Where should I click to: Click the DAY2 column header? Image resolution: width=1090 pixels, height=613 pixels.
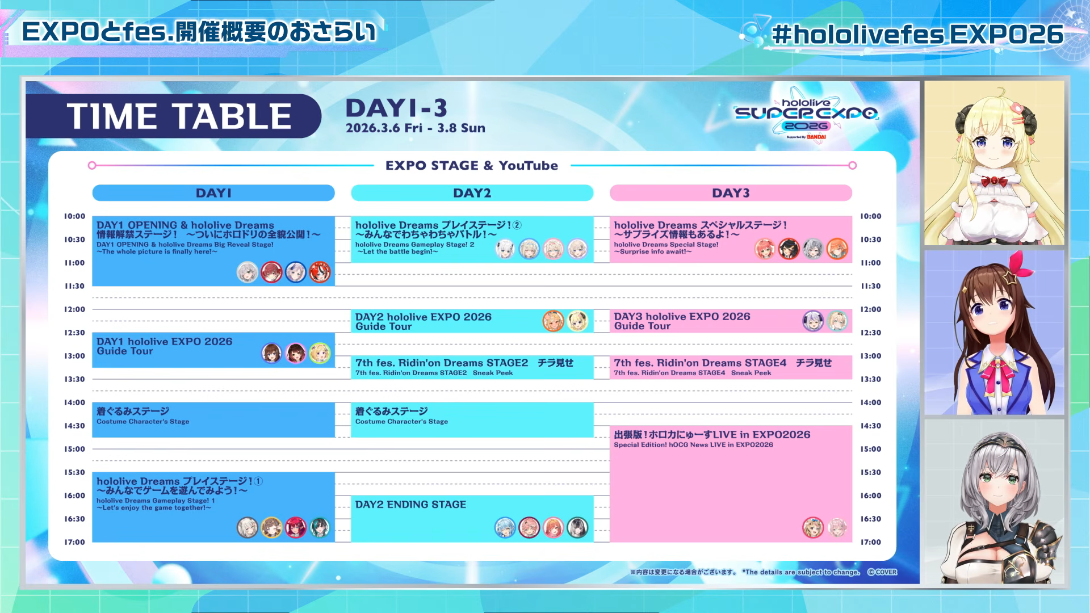click(x=472, y=193)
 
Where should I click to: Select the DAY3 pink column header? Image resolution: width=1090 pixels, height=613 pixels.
click(x=731, y=193)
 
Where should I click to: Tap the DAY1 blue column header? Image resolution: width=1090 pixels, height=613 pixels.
click(x=213, y=193)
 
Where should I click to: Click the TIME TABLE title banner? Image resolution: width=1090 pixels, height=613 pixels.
click(x=173, y=116)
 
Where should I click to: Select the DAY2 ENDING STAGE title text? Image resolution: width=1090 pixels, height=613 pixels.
click(x=410, y=505)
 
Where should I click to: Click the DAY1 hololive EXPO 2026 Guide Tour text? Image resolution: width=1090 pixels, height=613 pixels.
click(x=165, y=346)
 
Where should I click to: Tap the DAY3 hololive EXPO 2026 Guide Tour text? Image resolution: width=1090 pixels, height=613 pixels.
click(x=682, y=321)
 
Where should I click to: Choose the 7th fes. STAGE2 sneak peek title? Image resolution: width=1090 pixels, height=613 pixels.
click(x=464, y=363)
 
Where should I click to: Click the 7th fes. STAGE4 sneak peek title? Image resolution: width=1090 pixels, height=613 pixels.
click(x=723, y=363)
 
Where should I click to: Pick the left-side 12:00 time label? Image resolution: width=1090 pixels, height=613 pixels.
click(x=74, y=309)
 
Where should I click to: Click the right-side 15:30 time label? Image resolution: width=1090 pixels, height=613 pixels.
click(x=870, y=472)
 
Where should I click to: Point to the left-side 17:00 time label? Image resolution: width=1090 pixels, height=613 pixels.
click(x=74, y=542)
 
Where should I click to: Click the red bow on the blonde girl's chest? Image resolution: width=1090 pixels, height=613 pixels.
click(x=993, y=182)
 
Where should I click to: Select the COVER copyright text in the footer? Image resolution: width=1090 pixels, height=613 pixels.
click(x=882, y=572)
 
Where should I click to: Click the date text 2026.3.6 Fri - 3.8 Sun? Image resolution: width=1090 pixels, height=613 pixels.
click(x=416, y=128)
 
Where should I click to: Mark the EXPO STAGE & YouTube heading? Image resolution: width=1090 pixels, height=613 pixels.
click(x=472, y=166)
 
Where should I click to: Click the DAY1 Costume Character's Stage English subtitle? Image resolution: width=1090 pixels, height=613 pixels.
click(x=142, y=422)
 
